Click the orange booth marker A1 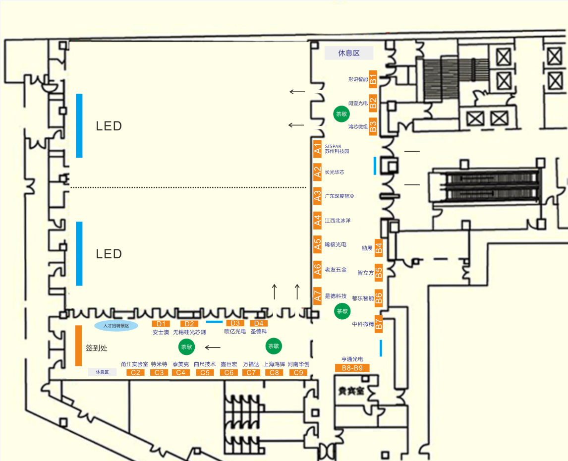318,148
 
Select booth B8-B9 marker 352,368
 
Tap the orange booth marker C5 205,373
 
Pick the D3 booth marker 235,324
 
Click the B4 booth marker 379,248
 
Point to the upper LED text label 109,126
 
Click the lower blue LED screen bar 79,253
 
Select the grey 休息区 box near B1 348,53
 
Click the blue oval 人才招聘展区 116,326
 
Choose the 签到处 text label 97,348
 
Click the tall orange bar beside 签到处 78,346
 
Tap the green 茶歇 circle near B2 341,114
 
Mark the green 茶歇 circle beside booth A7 342,312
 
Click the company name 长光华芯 335,173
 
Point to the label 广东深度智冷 340,196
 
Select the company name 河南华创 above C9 298,364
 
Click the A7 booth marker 318,296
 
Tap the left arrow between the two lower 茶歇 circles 213,347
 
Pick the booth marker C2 135,373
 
